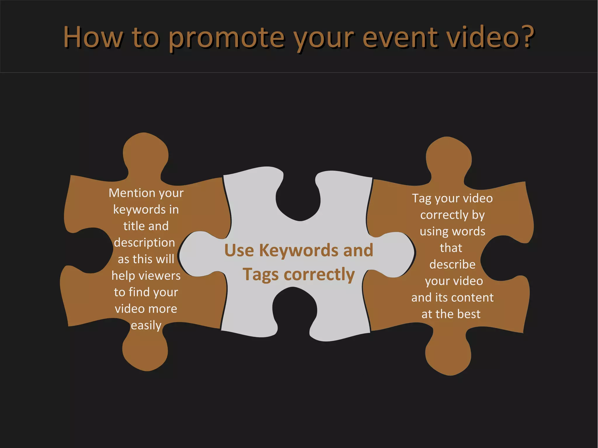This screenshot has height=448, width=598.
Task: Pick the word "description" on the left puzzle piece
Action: (145, 243)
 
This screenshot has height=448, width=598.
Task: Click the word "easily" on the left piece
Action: (146, 325)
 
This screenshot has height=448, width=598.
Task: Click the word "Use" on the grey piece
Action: (239, 250)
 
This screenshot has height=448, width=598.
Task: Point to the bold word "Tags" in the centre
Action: (261, 275)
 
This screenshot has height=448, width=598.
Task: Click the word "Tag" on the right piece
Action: (422, 198)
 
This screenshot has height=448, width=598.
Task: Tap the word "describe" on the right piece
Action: (452, 264)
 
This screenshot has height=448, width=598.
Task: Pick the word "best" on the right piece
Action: (469, 314)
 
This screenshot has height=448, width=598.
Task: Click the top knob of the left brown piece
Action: (145, 153)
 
